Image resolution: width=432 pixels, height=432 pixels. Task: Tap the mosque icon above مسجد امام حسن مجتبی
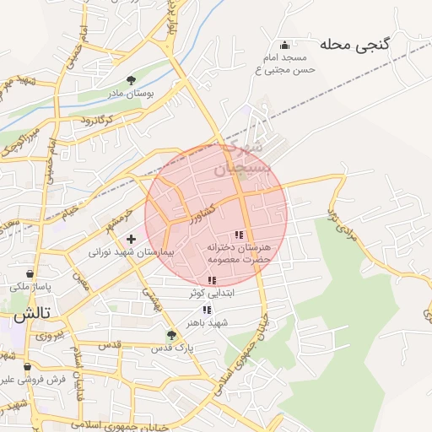click(285, 46)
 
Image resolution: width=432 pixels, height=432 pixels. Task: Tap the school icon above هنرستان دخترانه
click(239, 235)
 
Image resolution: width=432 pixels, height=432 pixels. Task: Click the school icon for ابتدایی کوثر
click(211, 280)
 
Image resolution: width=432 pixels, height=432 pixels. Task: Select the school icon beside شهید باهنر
click(207, 310)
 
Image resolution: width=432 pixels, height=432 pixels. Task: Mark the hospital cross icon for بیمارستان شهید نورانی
click(131, 239)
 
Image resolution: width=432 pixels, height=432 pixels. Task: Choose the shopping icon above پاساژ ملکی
click(30, 274)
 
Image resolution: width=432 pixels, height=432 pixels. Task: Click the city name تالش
click(31, 315)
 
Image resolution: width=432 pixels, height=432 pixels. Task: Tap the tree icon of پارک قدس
click(172, 335)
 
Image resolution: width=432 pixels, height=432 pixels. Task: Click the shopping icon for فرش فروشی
click(28, 367)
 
